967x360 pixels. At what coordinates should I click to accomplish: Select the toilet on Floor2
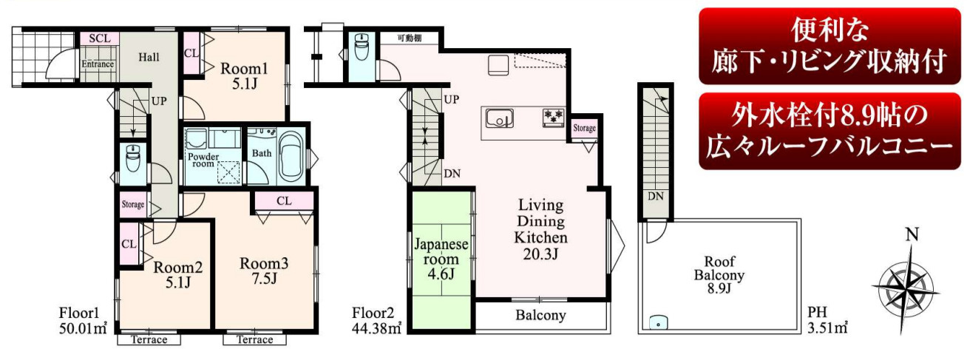coord(361,47)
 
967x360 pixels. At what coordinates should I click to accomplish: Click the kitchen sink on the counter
coord(500,119)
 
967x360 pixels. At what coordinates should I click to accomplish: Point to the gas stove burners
coord(554,117)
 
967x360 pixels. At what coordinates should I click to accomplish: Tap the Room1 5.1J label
coord(245,75)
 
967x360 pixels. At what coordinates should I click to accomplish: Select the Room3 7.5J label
coord(264,271)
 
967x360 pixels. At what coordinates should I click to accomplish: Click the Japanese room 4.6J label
coord(441,259)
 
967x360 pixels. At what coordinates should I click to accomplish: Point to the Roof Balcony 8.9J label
coord(719,274)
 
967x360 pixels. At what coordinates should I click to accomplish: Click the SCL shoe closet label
coord(100,38)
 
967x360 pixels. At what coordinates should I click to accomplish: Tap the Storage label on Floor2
coord(585,128)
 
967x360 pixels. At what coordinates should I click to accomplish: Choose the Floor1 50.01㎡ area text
coord(83,321)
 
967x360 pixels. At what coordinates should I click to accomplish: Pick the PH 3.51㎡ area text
coord(827,320)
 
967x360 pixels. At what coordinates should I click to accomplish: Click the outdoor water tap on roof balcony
coord(658,322)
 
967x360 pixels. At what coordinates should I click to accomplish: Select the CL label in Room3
coord(284,201)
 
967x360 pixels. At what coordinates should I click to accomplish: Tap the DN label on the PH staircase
coord(655,197)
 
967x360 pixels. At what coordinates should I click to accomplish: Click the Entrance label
coord(98,64)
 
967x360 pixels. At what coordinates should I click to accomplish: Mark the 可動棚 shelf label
coord(409,38)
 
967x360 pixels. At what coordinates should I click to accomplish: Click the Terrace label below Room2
coord(149,340)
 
